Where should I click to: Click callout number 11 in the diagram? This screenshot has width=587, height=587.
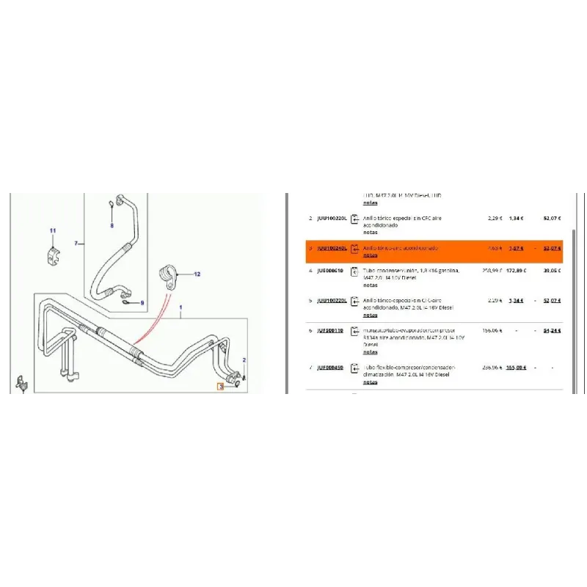[x=52, y=232]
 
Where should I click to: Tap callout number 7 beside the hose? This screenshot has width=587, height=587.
[x=76, y=243]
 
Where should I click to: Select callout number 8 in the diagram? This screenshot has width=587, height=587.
[x=112, y=226]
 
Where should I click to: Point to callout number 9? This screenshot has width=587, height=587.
[x=142, y=303]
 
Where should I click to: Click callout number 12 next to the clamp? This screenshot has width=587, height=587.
[x=197, y=274]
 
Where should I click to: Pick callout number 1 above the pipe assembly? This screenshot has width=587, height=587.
[x=181, y=307]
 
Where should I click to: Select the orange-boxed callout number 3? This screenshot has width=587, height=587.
[x=219, y=385]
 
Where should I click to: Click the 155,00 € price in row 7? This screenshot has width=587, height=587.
[x=515, y=367]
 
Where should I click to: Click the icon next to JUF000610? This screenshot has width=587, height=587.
[x=354, y=271]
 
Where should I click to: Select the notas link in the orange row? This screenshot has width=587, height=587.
[x=371, y=256]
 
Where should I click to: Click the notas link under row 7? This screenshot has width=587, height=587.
[x=371, y=382]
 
